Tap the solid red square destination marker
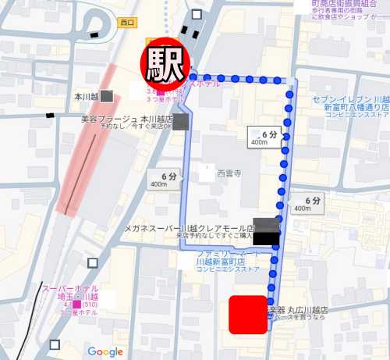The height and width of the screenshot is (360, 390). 249,315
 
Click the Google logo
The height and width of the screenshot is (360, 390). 105,351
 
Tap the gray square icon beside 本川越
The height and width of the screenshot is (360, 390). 107,95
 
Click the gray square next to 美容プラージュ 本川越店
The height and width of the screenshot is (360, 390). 180,121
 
